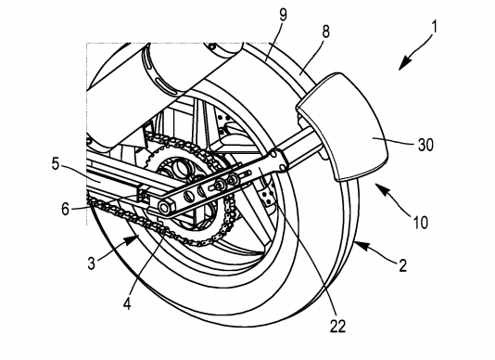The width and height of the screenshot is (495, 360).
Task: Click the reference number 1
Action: [435, 27]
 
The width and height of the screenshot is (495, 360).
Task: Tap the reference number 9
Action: [283, 15]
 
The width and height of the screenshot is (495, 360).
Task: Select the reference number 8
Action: [325, 32]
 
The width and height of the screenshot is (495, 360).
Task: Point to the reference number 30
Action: [425, 145]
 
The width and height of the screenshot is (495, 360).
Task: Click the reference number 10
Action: [420, 222]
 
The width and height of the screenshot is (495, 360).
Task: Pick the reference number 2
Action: [402, 265]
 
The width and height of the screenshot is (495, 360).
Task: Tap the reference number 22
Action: [337, 326]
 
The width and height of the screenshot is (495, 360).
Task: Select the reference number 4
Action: [127, 303]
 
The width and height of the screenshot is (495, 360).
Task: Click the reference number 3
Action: [92, 263]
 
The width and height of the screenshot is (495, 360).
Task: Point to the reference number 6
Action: [65, 209]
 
